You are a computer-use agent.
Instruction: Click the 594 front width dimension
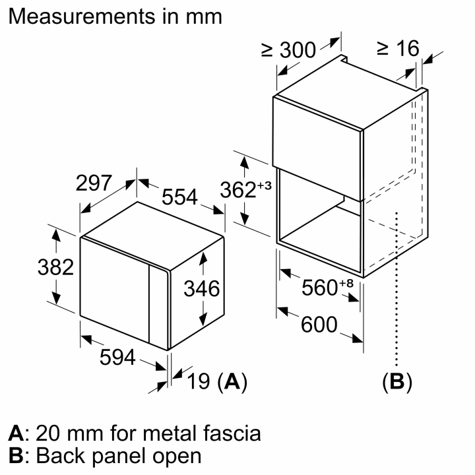coord(117,357)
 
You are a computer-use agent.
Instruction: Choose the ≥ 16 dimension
coord(397,47)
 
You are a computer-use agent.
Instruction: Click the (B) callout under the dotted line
coord(396,382)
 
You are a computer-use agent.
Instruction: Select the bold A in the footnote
coord(15,433)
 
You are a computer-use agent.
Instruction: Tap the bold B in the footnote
coord(15,456)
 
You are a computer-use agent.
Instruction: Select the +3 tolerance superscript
coord(265,185)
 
